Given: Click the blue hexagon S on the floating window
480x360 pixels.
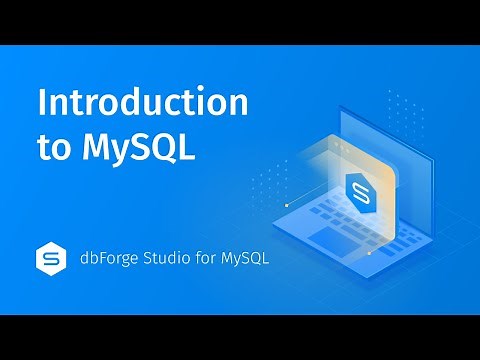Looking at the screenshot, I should click(x=357, y=189).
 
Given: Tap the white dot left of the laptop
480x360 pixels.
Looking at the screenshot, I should click(x=287, y=204).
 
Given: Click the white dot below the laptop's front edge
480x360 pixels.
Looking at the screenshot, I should click(x=370, y=253).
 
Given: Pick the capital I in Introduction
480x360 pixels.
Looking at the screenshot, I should click(x=41, y=103).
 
